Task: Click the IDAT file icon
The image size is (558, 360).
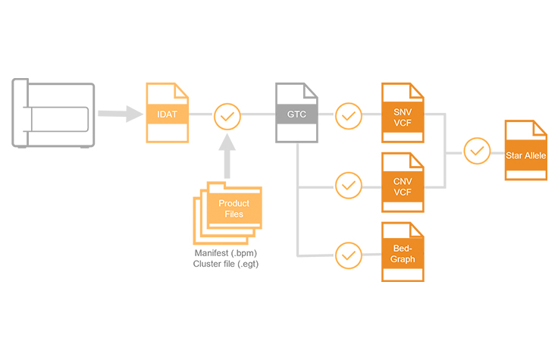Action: tap(167, 113)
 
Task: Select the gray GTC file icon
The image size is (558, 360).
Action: tap(296, 114)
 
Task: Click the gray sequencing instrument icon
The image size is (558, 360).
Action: tap(53, 114)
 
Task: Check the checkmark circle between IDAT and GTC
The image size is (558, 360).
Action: tap(227, 115)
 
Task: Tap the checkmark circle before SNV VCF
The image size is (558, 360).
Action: tap(348, 115)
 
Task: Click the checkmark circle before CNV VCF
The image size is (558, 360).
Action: tap(348, 184)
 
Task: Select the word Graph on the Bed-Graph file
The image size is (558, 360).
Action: tap(403, 258)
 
